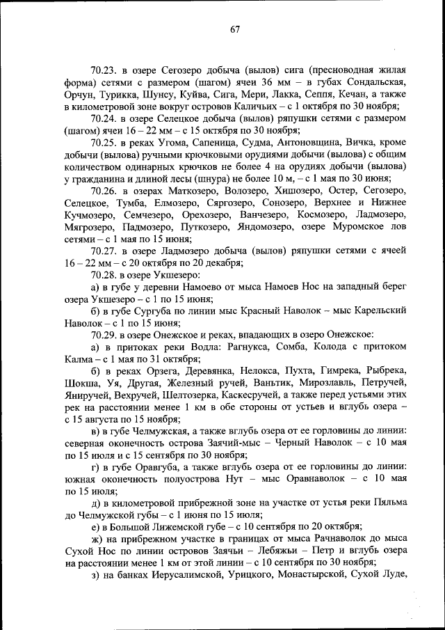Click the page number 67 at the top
[235, 29]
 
